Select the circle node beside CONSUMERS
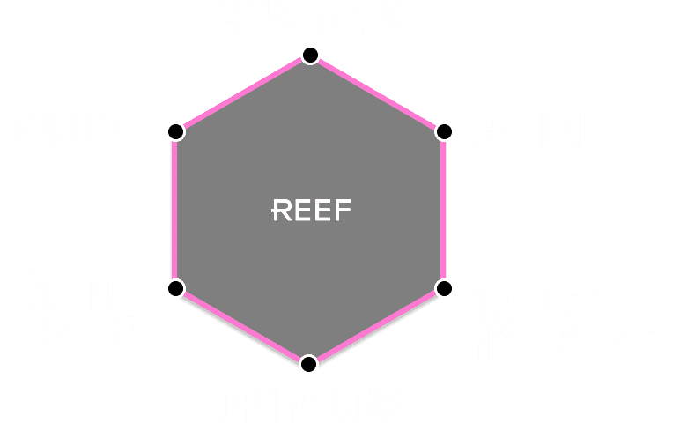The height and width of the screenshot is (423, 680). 309,56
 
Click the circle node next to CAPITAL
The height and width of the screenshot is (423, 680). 444,132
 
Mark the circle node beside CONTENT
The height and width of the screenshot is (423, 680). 175,132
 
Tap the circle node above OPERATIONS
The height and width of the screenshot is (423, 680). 308,364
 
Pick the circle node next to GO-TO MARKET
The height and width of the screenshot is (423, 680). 175,288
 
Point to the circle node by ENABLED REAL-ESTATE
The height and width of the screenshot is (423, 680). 444,288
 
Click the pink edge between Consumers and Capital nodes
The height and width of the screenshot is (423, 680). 377,93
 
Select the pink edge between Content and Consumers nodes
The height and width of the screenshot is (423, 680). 242,93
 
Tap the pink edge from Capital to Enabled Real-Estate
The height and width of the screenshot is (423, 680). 443,210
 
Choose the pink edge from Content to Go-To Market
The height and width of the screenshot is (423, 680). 174,210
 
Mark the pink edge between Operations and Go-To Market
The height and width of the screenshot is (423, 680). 242,327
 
